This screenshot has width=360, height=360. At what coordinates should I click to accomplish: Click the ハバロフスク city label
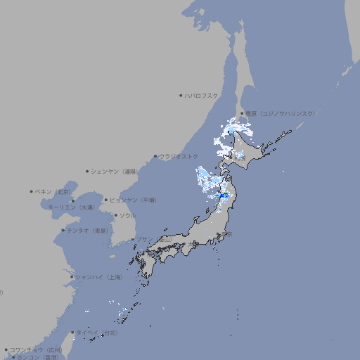[x=202, y=95]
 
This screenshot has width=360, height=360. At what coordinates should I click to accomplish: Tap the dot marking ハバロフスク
[x=181, y=95]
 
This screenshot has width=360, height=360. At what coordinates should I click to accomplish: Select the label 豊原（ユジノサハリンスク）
[x=280, y=113]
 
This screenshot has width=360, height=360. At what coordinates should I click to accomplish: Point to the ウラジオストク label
[x=179, y=156]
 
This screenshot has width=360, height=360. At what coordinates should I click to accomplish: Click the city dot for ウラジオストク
[x=155, y=156]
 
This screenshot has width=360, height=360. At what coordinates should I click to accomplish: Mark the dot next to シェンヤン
[x=87, y=171]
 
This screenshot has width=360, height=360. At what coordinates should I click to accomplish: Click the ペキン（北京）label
[x=53, y=191]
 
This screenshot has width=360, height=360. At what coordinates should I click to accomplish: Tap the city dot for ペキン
[x=32, y=191]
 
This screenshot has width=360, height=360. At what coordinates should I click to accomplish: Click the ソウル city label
[x=127, y=215]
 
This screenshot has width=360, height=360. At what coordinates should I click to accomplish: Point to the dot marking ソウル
[x=115, y=215]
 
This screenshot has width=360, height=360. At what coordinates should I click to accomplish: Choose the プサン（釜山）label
[x=153, y=239]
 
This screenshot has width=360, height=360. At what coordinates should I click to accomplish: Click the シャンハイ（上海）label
[x=98, y=277]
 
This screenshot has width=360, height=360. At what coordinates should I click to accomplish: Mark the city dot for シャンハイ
[x=72, y=277]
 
